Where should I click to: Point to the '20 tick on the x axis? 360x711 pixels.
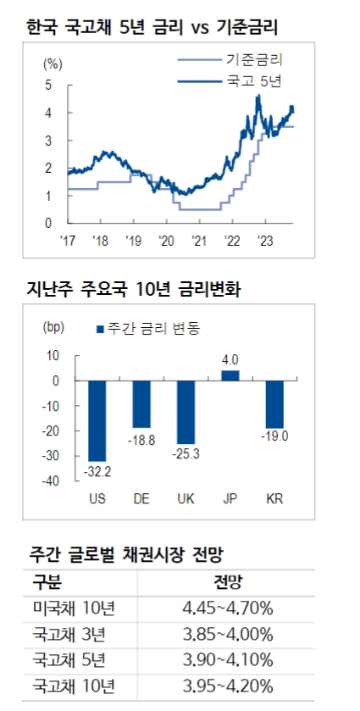pos(165,240)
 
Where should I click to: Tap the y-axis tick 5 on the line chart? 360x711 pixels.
pos(47,85)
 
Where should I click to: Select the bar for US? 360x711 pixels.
pos(97,420)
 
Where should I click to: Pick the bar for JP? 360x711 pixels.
pos(230,375)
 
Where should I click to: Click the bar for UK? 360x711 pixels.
pos(186,412)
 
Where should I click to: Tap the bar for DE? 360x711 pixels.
pos(141,404)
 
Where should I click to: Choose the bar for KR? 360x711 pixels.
pos(274,404)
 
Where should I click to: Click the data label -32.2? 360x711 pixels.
pos(97,470)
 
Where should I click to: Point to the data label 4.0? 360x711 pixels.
pos(230,360)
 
